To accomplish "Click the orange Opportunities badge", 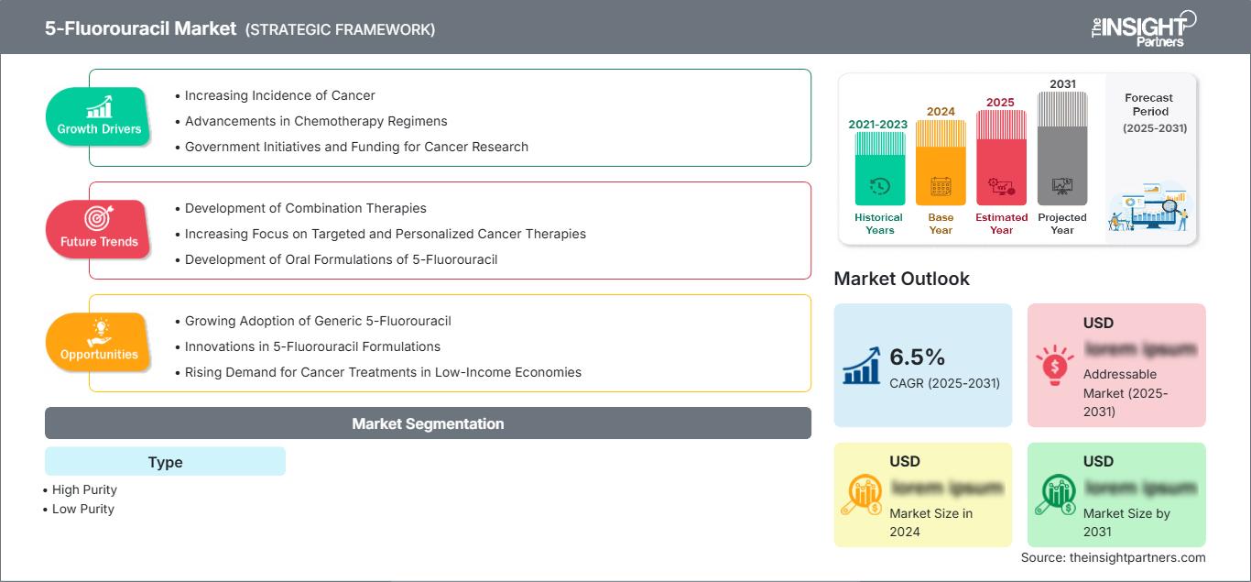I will tap(99, 342).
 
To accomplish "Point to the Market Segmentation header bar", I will tap(428, 423).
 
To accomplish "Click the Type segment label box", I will tap(165, 462).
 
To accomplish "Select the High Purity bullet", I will tap(84, 489).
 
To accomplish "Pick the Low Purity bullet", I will tap(83, 509).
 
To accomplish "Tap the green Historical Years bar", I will tap(879, 169).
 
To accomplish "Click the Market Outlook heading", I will tap(901, 279).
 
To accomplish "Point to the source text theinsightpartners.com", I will tap(1114, 557).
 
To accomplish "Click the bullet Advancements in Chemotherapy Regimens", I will tap(315, 121).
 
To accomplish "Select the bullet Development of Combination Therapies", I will tap(305, 208).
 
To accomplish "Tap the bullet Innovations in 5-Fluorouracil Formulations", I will tap(312, 346).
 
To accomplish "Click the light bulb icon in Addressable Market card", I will tap(1054, 364).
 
